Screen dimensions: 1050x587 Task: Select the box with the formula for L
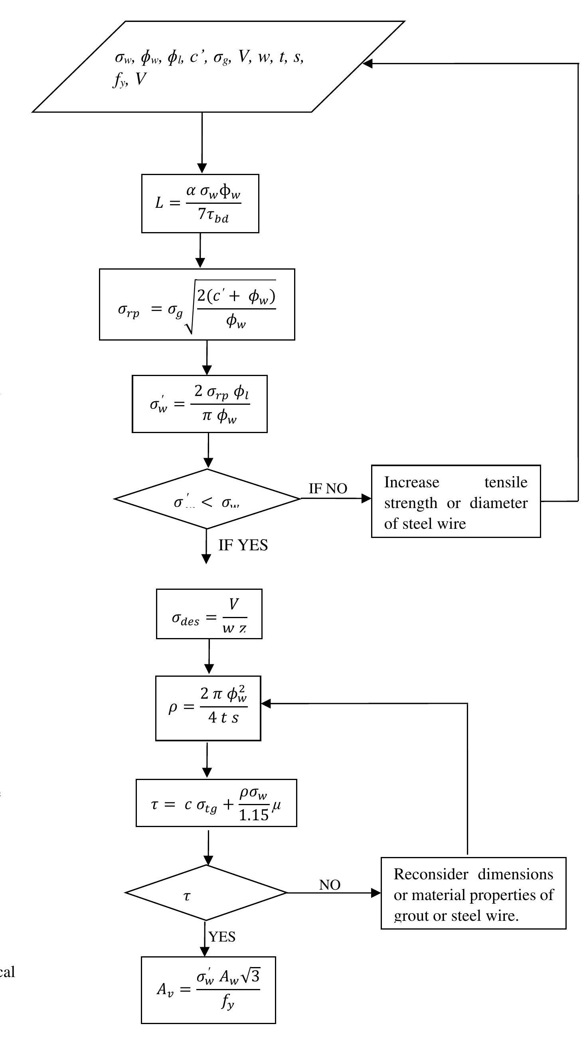[x=200, y=203]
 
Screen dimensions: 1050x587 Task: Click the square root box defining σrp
[x=197, y=305]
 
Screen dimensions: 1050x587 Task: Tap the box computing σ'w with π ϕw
[x=200, y=404]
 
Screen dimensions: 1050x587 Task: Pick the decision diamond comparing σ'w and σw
[x=207, y=499]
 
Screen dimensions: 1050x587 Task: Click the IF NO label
[x=328, y=489]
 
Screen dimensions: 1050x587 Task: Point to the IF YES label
[x=243, y=546]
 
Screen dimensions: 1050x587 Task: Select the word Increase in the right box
[x=411, y=483]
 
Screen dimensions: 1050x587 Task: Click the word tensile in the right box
[x=506, y=483]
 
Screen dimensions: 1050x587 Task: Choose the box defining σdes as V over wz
[x=209, y=614]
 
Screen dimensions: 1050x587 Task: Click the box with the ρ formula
[x=208, y=708]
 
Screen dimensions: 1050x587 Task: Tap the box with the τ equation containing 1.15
[x=216, y=803]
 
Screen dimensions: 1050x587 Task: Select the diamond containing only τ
[x=206, y=893]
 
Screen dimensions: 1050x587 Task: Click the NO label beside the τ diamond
[x=330, y=885]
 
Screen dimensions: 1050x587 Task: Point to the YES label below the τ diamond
[x=222, y=937]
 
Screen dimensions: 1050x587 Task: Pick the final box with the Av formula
[x=208, y=990]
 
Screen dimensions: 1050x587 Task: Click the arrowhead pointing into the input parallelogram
[x=367, y=63]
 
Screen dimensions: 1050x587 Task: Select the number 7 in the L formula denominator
[x=202, y=213]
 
